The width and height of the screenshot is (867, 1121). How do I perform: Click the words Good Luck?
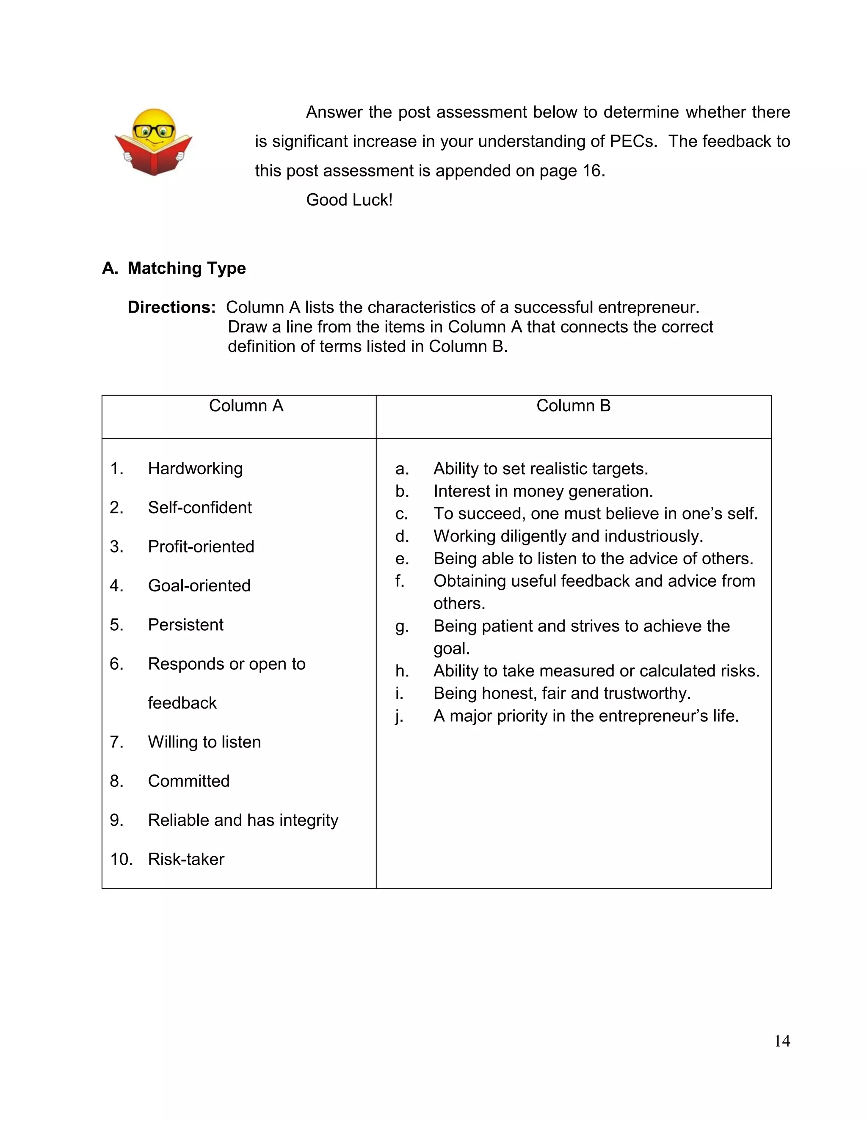(x=349, y=200)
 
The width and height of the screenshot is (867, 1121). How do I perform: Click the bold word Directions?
(x=171, y=308)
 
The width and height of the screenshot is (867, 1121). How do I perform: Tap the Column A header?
(x=246, y=406)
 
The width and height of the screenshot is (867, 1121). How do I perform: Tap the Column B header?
(x=573, y=406)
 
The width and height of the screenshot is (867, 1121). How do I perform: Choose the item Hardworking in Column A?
(x=195, y=469)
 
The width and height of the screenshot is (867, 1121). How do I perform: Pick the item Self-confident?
(x=200, y=508)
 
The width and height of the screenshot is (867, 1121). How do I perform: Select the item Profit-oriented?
(x=201, y=547)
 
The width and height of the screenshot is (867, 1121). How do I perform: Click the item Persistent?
(x=185, y=625)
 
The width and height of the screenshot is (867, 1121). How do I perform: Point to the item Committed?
(x=188, y=781)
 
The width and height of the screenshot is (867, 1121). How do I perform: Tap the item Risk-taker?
(x=186, y=859)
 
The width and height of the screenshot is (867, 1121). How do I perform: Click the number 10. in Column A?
(x=121, y=859)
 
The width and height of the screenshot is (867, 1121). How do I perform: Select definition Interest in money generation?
(x=543, y=491)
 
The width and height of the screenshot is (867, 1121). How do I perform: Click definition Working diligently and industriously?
(x=568, y=536)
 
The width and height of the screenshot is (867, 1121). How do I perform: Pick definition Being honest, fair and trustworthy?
(x=562, y=693)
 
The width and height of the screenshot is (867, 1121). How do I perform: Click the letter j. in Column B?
(x=400, y=716)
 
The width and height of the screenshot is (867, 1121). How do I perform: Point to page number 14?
(x=782, y=1041)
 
